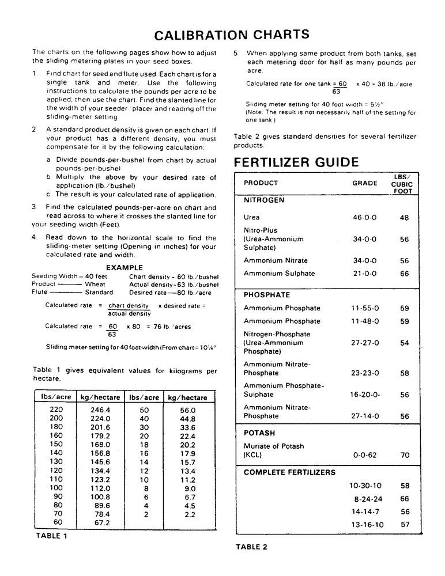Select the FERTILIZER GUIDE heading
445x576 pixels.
296,162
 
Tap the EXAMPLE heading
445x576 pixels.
125,268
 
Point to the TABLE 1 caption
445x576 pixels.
52,536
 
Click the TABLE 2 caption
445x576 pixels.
251,547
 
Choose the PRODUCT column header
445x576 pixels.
261,183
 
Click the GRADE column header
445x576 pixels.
365,183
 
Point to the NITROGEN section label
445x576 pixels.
264,200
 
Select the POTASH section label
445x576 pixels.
259,433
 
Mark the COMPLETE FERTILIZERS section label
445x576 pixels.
289,472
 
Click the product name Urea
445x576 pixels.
251,218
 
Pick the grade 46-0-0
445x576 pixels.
364,218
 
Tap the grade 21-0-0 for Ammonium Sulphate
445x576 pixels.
364,274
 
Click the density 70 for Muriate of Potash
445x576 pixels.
405,455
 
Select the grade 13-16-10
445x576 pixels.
367,525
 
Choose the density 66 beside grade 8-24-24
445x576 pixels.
405,499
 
